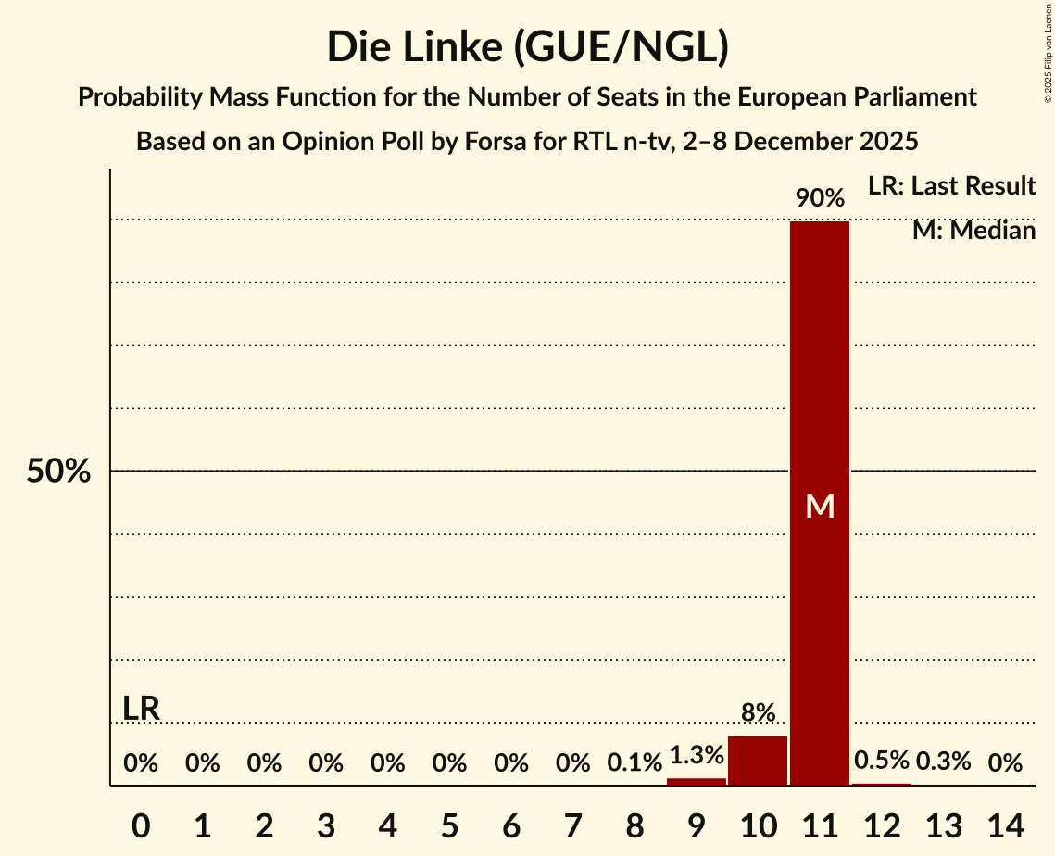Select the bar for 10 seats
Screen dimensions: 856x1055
(758, 761)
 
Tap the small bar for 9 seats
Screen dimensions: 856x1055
(697, 782)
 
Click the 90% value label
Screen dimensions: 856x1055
(820, 198)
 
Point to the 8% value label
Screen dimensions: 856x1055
(758, 712)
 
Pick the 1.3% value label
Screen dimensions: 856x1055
(697, 755)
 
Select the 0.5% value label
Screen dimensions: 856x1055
(882, 761)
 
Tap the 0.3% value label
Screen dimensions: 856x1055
(943, 762)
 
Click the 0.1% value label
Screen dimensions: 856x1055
(634, 763)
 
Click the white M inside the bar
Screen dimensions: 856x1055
(820, 506)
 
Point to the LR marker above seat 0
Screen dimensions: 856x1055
(141, 709)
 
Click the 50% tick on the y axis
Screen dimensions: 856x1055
(58, 472)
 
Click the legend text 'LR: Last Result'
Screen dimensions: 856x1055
(951, 186)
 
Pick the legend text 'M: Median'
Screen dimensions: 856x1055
(973, 231)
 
